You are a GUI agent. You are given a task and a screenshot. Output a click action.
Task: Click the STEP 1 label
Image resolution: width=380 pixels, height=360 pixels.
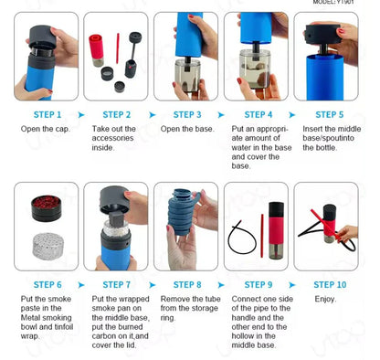tap(47, 115)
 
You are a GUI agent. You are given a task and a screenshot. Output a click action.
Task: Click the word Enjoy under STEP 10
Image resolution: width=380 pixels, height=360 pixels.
tap(326, 299)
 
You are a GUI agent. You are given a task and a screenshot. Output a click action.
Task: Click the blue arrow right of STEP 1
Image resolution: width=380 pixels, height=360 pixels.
tap(80, 115)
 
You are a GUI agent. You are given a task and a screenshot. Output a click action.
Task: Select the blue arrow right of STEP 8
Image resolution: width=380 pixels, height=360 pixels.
tap(222, 284)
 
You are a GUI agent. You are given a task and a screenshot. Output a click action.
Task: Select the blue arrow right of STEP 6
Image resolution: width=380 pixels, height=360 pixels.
tap(80, 284)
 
